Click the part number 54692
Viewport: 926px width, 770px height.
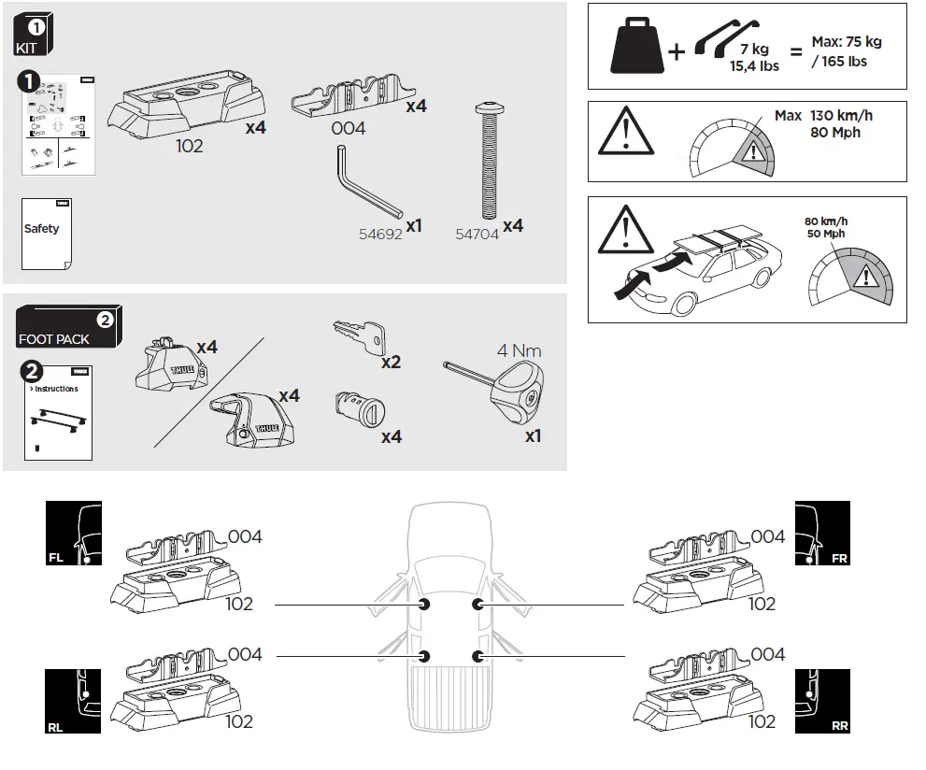(380, 235)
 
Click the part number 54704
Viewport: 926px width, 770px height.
(477, 235)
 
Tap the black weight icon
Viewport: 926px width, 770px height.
(637, 48)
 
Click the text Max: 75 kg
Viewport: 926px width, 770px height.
(846, 42)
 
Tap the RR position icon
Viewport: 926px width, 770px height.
(822, 702)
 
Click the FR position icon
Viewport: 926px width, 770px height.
(822, 534)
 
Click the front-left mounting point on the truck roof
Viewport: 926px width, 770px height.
(425, 606)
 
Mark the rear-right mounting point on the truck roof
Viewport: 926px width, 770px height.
(479, 656)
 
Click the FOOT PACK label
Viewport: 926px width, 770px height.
(54, 339)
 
